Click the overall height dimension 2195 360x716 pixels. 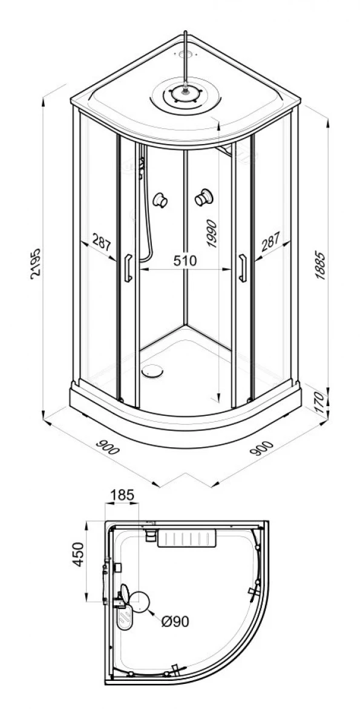36,264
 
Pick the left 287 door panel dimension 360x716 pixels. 102,243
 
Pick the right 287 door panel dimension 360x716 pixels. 271,242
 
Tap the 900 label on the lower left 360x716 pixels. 108,447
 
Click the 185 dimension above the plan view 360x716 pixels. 122,494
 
